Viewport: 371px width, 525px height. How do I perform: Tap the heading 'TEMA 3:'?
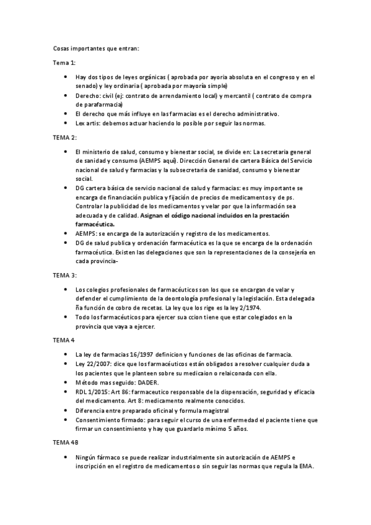(65, 274)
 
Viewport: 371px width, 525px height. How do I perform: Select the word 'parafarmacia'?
(95, 105)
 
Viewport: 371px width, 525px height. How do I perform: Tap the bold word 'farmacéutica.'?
(95, 223)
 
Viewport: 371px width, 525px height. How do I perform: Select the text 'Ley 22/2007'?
(94, 365)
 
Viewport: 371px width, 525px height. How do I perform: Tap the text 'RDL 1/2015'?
(93, 392)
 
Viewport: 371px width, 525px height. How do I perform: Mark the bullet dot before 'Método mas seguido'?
(66, 383)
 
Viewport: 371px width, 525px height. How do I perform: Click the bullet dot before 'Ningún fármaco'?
(66, 458)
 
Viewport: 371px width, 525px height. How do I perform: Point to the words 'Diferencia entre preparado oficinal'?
(126, 410)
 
